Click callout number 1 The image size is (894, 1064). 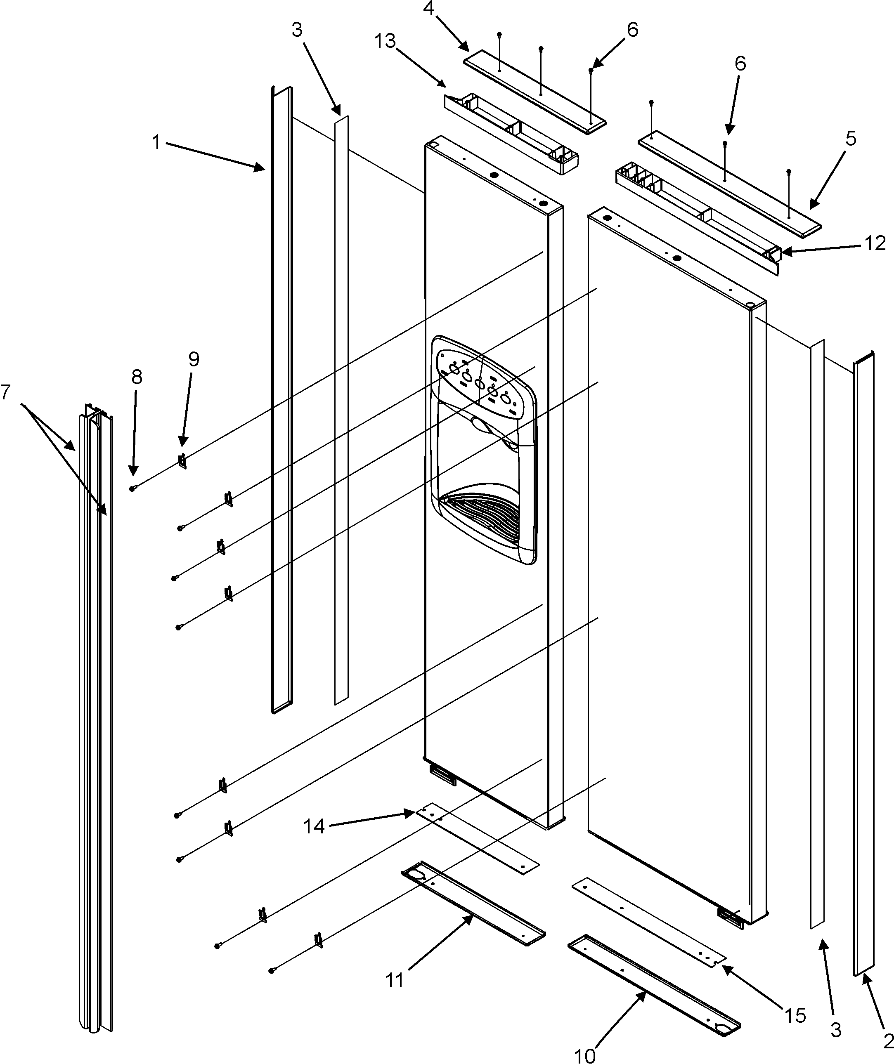(156, 142)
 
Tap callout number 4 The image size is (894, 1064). (429, 9)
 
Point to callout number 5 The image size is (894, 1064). (851, 138)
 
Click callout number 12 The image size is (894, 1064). (875, 244)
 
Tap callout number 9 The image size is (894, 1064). (194, 359)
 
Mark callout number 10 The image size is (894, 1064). (585, 1055)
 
